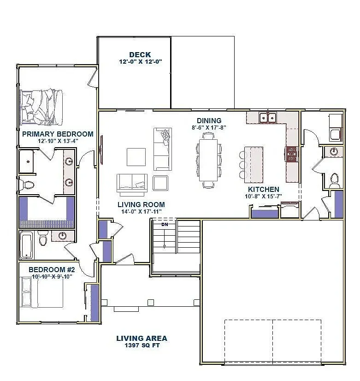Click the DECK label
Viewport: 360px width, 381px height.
tap(140, 55)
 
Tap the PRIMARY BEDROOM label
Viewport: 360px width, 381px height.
tap(58, 134)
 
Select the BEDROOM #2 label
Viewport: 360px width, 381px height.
tap(52, 269)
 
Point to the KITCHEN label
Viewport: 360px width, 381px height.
tap(263, 189)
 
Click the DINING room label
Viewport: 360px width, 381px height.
tap(209, 121)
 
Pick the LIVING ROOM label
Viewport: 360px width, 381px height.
tap(142, 205)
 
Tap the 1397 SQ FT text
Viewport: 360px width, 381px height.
tap(142, 345)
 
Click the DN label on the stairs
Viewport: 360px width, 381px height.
tap(165, 225)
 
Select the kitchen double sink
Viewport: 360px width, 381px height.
tap(268, 118)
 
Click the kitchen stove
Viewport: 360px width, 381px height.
tap(292, 154)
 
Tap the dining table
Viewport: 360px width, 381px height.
tap(208, 160)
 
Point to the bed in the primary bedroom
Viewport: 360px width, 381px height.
tap(41, 107)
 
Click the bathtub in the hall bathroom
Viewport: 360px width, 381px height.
tap(26, 245)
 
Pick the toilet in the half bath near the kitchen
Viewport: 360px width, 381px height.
tap(335, 180)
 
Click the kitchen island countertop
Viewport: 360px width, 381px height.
tap(254, 165)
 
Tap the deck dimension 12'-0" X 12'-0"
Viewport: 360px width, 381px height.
tap(140, 62)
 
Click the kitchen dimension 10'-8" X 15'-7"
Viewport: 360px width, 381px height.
tap(263, 196)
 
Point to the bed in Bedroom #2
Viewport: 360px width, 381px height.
tap(42, 292)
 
